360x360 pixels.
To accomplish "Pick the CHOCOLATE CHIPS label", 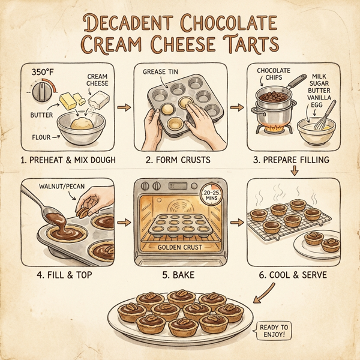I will pos(274,74).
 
